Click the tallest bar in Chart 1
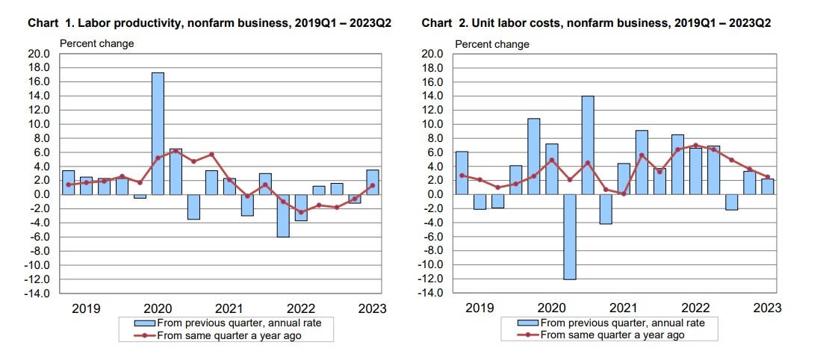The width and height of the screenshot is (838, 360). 158,133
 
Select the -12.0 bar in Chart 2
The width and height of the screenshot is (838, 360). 569,237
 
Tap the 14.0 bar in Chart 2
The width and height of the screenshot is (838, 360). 587,145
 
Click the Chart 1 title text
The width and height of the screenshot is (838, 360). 209,24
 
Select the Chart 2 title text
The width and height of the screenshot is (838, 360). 596,24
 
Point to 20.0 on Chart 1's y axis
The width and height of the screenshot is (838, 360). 39,54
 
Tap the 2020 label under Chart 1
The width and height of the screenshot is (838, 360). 158,308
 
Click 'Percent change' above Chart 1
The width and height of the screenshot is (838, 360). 96,43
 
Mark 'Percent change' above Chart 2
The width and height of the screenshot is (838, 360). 491,43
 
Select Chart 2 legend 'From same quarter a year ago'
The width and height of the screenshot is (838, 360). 612,335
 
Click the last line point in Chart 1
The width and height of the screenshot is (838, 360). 373,185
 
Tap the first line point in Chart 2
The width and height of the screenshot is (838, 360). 462,176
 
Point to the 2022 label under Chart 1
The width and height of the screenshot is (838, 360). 301,308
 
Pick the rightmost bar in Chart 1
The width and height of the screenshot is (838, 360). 373,182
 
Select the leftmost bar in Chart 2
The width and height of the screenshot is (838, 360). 462,173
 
